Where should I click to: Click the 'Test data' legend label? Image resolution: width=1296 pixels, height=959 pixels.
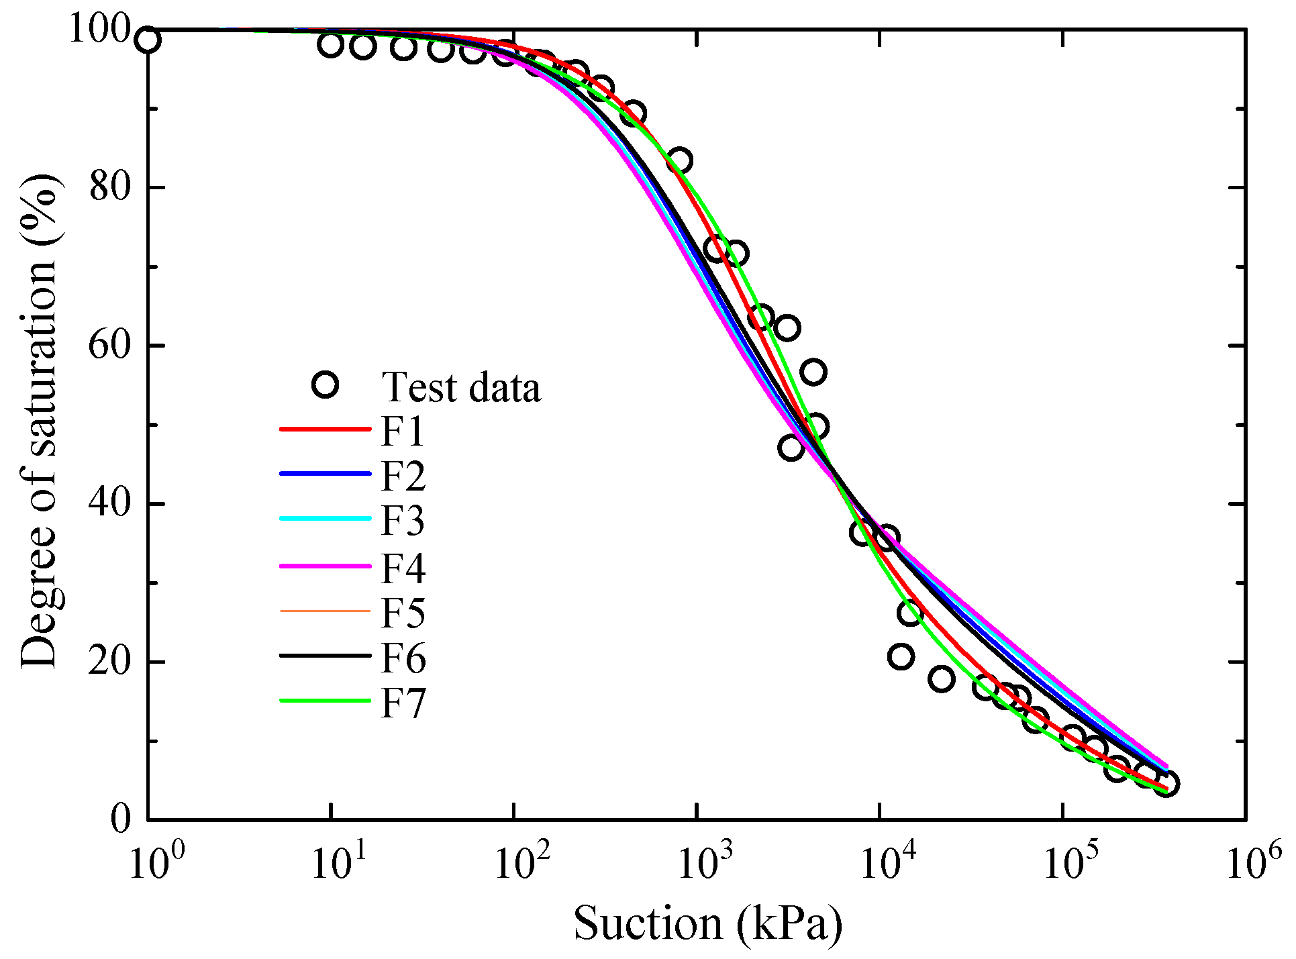coord(460,387)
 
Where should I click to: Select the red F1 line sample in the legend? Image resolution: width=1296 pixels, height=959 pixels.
coord(325,428)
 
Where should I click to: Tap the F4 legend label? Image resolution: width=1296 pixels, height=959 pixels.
coord(403,568)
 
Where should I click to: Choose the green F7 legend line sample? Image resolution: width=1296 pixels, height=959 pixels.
coord(325,701)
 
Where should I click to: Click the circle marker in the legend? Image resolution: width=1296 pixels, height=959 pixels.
coord(326,385)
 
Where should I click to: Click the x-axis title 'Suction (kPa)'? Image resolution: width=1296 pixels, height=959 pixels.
coord(707,923)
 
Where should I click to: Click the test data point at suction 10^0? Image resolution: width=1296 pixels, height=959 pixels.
coord(148,40)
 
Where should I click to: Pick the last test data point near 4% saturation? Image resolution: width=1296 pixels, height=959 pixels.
coord(1166,784)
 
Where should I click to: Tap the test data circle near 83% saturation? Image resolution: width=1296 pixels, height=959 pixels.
coord(679,161)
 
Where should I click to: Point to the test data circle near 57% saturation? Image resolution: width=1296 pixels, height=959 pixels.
coord(813,372)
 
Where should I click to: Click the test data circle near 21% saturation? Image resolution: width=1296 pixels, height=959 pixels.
coord(901,656)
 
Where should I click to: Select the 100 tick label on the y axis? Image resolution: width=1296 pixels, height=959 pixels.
coord(100,30)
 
